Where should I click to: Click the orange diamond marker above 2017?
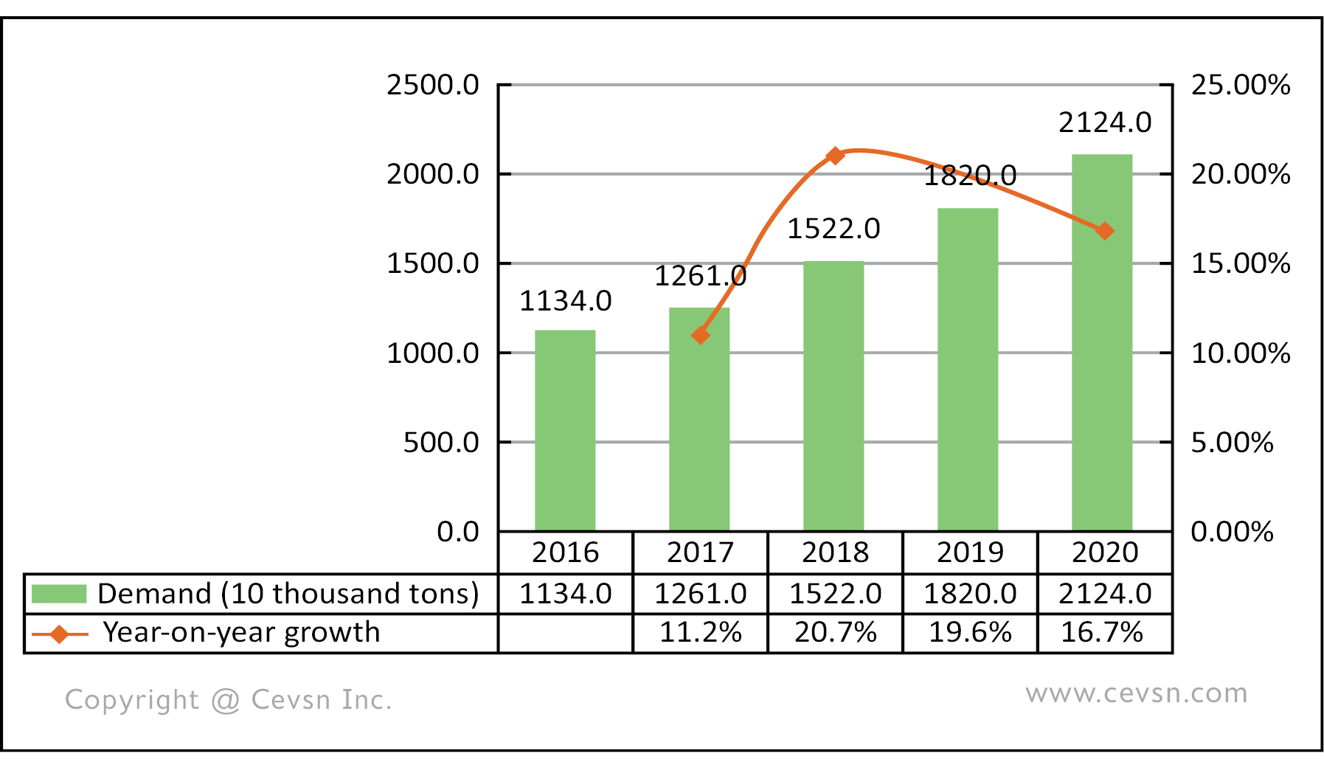click(x=700, y=336)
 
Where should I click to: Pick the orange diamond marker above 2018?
click(x=835, y=156)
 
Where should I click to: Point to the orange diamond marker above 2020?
click(x=1104, y=231)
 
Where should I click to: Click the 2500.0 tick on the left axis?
click(x=433, y=86)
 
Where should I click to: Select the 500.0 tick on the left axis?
click(x=441, y=443)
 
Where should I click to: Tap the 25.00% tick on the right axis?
click(x=1241, y=86)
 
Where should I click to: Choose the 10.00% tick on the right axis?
click(x=1241, y=353)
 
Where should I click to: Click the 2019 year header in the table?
click(x=970, y=552)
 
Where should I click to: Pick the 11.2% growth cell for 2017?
click(x=700, y=633)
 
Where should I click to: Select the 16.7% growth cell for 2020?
click(x=1102, y=633)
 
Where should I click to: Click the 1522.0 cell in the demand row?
click(x=835, y=594)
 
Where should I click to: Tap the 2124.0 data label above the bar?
click(x=1105, y=122)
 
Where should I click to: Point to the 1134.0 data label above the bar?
click(x=566, y=301)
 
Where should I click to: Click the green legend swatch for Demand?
click(x=59, y=594)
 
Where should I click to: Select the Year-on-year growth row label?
click(x=241, y=633)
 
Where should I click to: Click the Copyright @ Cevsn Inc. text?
click(x=228, y=700)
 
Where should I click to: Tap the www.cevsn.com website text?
click(x=1136, y=693)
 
